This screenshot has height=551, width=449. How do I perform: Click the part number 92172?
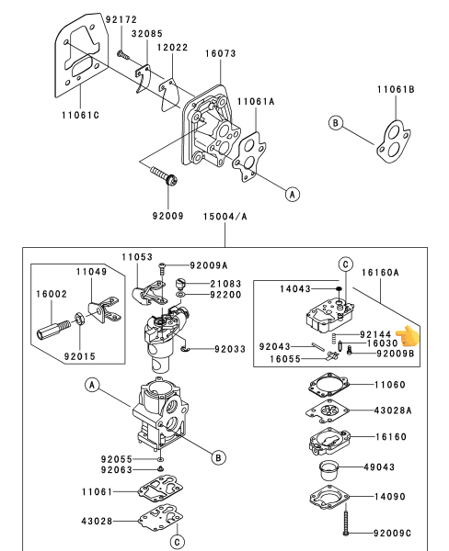(x=121, y=19)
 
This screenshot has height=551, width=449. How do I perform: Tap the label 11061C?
(x=81, y=116)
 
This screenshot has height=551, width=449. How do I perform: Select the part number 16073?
(x=221, y=53)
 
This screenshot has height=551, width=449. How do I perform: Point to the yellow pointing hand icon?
(x=408, y=336)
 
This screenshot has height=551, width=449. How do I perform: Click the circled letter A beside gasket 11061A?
(x=293, y=194)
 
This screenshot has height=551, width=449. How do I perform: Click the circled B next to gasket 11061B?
(x=335, y=123)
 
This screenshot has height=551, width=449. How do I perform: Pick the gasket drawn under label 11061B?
(x=394, y=141)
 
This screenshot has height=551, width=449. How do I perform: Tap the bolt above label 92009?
(x=164, y=175)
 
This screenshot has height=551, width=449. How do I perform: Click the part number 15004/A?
(x=225, y=217)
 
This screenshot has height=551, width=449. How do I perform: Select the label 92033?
(x=230, y=349)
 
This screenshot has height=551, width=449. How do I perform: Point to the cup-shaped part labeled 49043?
(x=328, y=470)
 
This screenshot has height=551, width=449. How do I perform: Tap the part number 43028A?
(x=393, y=410)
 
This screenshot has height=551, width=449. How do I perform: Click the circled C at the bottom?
(x=177, y=542)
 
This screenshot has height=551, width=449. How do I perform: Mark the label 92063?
(x=117, y=470)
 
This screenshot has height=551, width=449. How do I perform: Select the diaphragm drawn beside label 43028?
(x=161, y=518)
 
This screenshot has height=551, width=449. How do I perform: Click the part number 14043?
(x=295, y=289)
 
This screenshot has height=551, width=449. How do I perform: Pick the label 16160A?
(x=380, y=273)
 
